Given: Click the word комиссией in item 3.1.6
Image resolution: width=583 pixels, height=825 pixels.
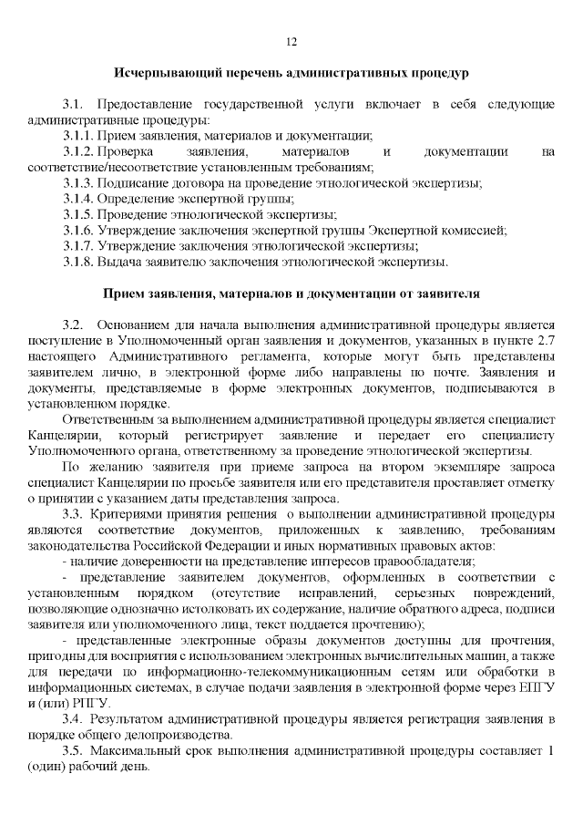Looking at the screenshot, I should click(476, 230).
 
